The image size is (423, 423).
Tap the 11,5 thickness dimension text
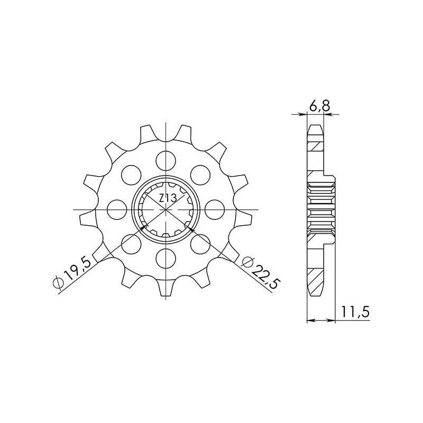(x=356, y=312)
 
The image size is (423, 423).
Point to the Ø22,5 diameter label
(x=259, y=271)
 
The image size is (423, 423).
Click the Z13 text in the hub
(x=167, y=198)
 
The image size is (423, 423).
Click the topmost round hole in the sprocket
(x=166, y=158)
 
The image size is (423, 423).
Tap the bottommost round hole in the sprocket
(x=166, y=259)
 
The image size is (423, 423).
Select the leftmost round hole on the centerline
(x=115, y=208)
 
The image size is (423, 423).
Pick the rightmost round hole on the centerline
(x=216, y=208)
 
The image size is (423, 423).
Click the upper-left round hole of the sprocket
(x=130, y=173)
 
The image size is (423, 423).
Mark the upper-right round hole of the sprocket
(x=201, y=172)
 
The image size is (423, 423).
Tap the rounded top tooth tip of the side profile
(x=315, y=127)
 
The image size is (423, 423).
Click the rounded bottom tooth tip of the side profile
(x=315, y=292)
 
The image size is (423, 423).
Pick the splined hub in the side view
(x=321, y=209)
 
